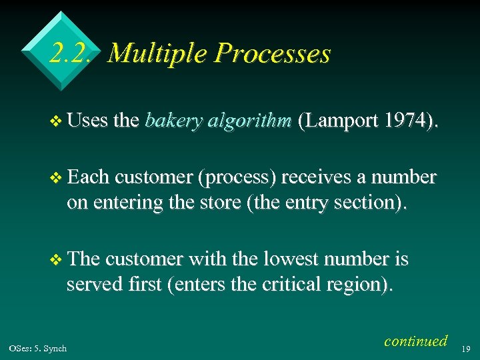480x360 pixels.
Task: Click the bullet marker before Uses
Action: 57,122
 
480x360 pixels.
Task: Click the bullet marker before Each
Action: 57,179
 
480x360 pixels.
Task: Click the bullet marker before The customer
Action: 57,259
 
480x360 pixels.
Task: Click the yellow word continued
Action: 416,341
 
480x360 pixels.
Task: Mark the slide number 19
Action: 466,349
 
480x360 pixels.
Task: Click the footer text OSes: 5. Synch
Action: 38,349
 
